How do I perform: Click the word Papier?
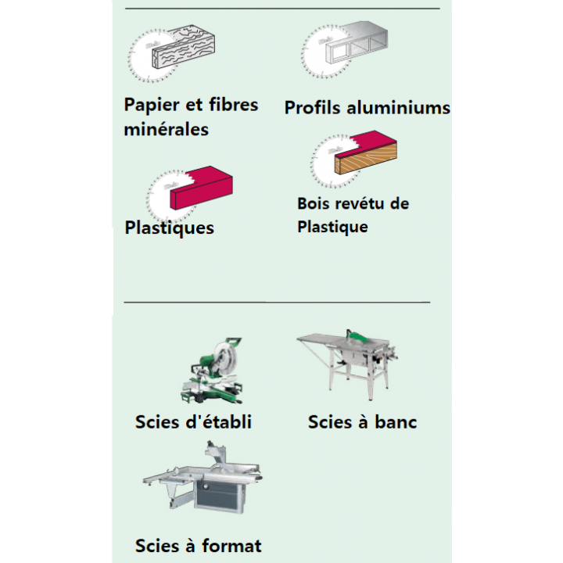click(151, 106)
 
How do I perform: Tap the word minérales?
click(166, 129)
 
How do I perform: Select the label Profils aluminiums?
click(367, 107)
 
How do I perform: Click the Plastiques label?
click(169, 228)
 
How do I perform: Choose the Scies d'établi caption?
click(193, 422)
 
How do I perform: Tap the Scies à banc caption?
click(362, 422)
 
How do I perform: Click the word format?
click(231, 546)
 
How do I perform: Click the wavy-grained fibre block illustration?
click(183, 47)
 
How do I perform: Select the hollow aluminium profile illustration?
click(357, 42)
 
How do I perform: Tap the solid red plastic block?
click(201, 188)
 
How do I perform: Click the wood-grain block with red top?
click(365, 152)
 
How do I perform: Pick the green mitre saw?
click(212, 371)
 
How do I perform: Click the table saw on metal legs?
click(347, 364)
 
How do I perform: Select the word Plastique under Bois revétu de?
click(332, 228)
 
